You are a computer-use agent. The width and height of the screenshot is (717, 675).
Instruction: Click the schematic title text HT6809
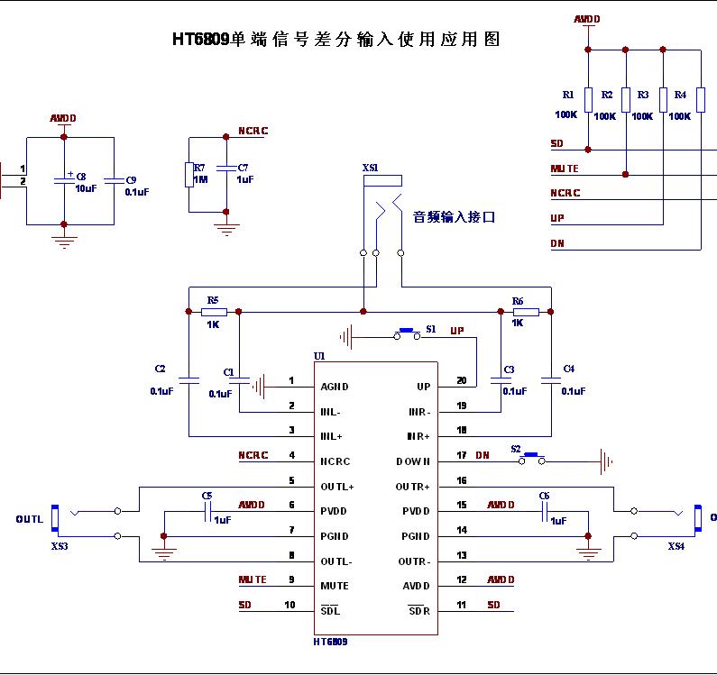pos(201,40)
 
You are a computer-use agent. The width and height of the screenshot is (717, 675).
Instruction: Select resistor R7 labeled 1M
pos(188,173)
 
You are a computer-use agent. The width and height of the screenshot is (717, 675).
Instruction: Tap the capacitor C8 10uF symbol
pos(63,179)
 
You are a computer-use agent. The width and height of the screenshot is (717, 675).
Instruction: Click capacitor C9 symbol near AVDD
pos(114,179)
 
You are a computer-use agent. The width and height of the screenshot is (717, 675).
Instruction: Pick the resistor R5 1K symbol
pos(213,312)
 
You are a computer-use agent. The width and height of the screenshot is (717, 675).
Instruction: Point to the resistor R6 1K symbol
pos(526,312)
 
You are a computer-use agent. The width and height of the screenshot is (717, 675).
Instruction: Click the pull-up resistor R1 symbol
pos(588,99)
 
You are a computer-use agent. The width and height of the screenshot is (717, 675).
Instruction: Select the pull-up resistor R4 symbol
pos(700,99)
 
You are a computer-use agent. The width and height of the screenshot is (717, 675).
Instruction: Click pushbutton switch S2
pos(530,459)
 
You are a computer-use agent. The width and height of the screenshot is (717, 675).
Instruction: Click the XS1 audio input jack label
pos(370,168)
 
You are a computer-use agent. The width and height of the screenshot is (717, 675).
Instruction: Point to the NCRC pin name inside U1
pos(335,461)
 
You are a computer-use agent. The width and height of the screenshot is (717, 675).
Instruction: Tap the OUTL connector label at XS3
pos(29,519)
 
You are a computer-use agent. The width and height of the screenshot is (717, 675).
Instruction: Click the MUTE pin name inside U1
pos(334,586)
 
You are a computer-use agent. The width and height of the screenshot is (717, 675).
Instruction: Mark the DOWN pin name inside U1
pos(413,461)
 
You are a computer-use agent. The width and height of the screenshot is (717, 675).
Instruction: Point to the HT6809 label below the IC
pos(330,643)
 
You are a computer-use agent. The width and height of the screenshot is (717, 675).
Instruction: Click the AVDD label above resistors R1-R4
pos(586,19)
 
